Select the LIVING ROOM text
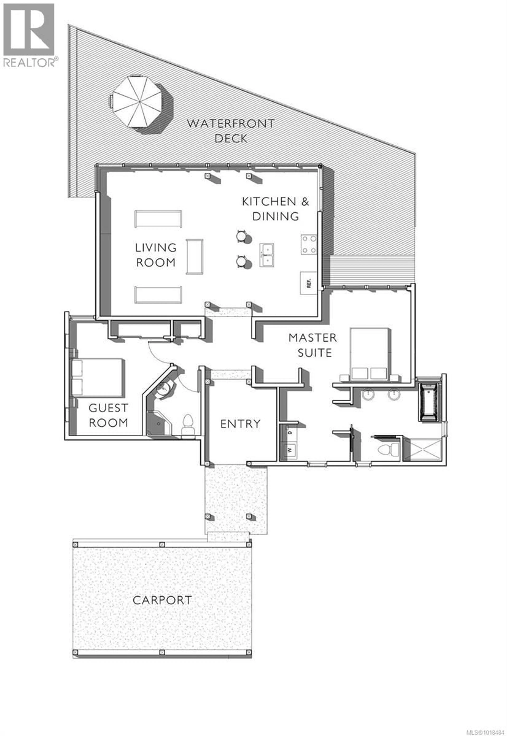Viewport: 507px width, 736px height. [156, 255]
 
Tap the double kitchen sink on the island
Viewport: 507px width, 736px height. [267, 255]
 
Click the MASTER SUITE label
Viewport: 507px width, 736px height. [313, 345]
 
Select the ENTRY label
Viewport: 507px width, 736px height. [240, 424]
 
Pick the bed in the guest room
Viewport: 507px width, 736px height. [97, 378]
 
